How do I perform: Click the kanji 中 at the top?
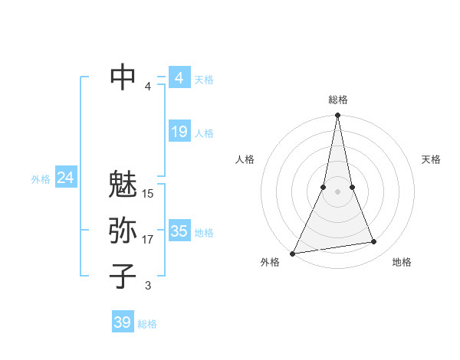123,77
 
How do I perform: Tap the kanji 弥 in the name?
123,231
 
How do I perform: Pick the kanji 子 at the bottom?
123,276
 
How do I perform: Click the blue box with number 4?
179,78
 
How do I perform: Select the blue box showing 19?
179,132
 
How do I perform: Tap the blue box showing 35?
179,231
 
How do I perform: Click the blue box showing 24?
65,178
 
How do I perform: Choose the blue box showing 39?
122,322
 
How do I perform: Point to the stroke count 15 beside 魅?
148,193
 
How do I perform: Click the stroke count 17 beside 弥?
148,240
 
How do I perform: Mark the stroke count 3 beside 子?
148,286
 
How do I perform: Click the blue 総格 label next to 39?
147,324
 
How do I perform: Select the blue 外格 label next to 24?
41,179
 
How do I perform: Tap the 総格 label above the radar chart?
337,100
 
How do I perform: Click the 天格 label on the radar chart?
432,159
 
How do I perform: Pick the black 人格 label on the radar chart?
245,159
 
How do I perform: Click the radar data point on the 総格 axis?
337,116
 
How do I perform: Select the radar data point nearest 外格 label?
293,253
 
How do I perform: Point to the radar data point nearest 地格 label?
374,242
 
